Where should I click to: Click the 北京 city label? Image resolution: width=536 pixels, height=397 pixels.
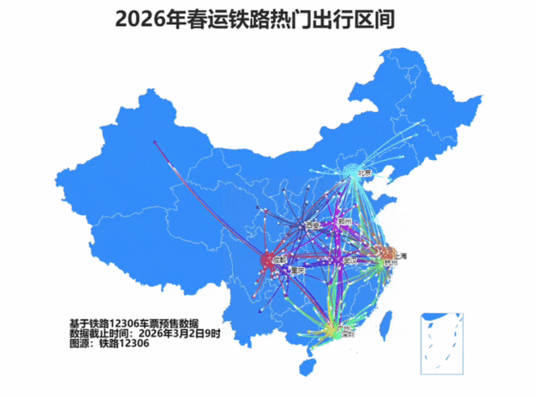point(365,173)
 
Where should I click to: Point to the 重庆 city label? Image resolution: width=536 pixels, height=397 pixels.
point(296,271)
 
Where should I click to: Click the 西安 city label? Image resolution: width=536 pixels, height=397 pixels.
point(312,224)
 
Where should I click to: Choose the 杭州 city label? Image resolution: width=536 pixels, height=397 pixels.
point(390,264)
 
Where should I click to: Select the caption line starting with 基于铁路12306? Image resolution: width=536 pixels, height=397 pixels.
point(134,322)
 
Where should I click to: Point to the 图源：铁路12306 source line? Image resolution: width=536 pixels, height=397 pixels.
point(109,343)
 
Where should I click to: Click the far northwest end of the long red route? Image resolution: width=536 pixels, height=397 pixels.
point(155,143)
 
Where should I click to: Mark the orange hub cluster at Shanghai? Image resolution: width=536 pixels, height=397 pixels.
point(386,251)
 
